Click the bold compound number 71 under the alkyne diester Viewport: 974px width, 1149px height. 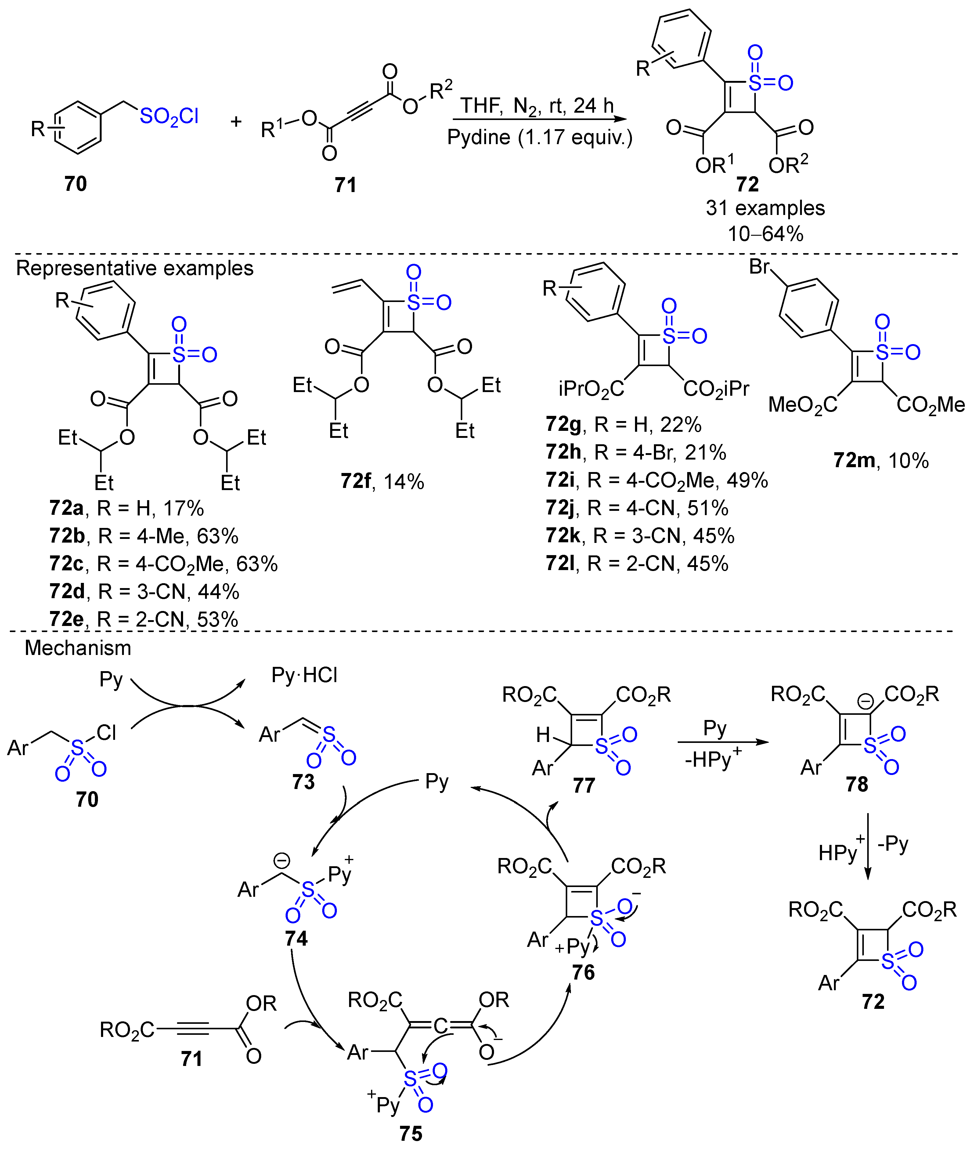346,184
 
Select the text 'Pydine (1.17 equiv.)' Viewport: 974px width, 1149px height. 539,136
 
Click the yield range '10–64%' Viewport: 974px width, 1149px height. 765,234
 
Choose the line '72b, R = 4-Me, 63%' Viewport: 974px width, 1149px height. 143,536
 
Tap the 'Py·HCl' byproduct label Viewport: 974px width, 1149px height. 304,675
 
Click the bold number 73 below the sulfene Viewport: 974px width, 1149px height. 303,782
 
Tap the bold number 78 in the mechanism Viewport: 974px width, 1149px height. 857,784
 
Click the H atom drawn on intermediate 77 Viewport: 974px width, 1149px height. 543,735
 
